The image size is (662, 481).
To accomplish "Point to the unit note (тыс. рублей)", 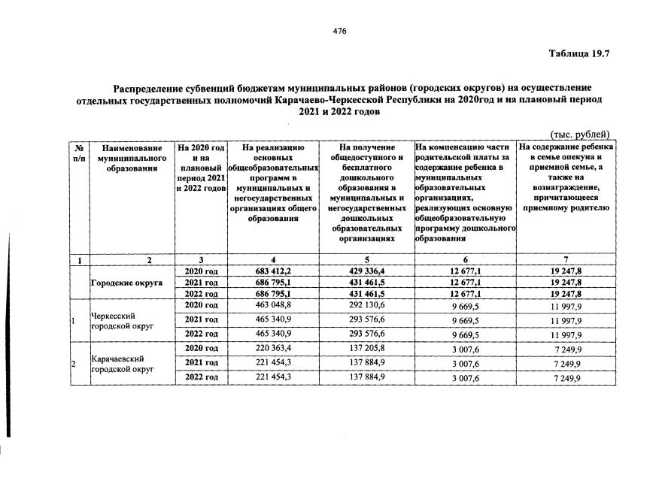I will (x=580, y=134).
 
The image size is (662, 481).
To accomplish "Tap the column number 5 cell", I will (x=367, y=259).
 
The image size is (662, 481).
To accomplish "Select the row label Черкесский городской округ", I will (x=117, y=322).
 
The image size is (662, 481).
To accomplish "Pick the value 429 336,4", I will (x=367, y=271).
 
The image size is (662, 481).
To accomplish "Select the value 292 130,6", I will (x=367, y=306).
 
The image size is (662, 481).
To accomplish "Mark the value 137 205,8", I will (x=367, y=349).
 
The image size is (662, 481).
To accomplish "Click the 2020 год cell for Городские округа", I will (x=201, y=271).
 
